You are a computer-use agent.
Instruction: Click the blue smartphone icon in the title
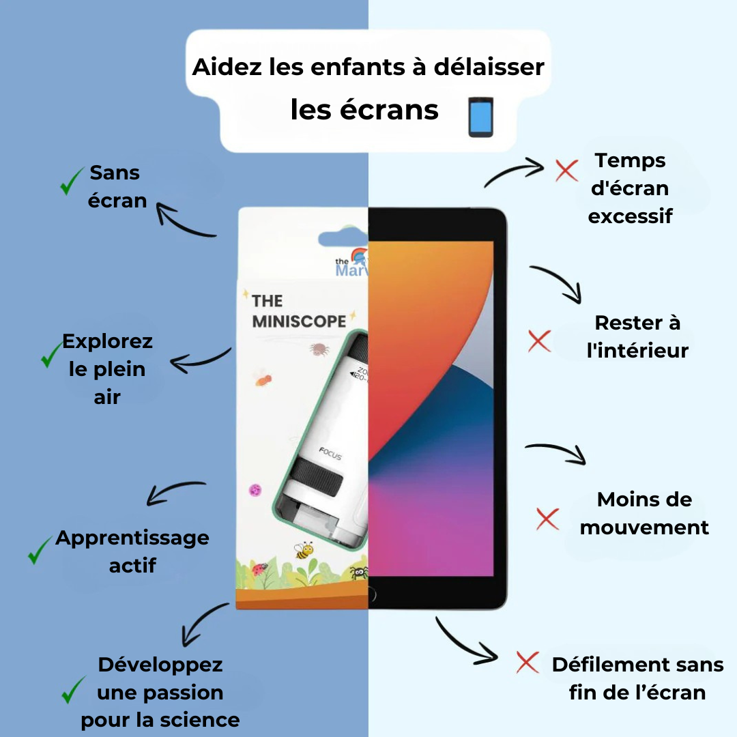(x=481, y=117)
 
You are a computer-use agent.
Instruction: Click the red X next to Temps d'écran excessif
(x=566, y=170)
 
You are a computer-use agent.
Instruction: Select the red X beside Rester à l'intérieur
(x=539, y=341)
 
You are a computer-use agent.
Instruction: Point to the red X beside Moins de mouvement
(x=547, y=519)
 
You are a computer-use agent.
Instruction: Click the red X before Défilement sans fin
(x=528, y=662)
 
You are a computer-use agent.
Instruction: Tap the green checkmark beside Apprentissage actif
(x=39, y=550)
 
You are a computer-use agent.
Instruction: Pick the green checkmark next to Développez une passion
(x=73, y=689)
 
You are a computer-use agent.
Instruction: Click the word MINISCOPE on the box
(x=299, y=321)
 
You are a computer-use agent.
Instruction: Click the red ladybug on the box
(x=259, y=569)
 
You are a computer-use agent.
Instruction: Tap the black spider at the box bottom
(x=359, y=572)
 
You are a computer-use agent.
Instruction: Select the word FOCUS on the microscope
(x=330, y=453)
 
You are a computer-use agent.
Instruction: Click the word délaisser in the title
(x=489, y=67)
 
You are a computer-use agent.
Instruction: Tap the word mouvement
(x=644, y=528)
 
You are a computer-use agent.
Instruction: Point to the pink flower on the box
(x=255, y=491)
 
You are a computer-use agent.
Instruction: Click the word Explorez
(x=108, y=342)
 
